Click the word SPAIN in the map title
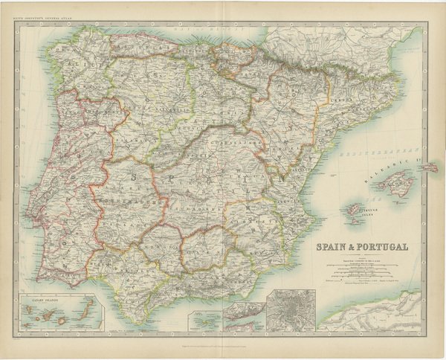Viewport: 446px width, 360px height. [x=333, y=248]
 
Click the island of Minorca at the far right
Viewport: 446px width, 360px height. [x=429, y=169]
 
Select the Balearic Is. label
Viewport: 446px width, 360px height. [x=385, y=167]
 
